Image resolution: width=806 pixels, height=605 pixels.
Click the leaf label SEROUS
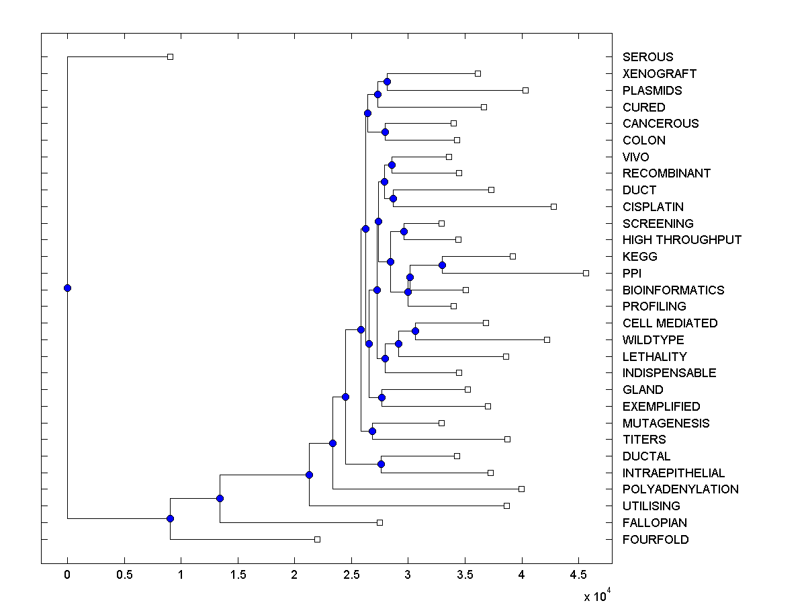[647, 57]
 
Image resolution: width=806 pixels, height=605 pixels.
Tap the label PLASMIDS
[652, 91]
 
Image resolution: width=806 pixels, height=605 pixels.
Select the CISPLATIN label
[653, 207]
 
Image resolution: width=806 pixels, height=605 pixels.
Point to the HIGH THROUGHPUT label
[682, 240]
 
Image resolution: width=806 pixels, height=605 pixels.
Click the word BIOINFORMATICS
[673, 290]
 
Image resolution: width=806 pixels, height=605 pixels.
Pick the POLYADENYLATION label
[680, 489]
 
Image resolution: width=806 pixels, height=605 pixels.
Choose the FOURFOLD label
[656, 540]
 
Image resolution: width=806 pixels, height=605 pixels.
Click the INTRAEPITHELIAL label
[674, 473]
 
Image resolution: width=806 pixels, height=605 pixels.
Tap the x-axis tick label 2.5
[351, 573]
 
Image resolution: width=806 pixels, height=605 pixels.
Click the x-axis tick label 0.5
[124, 573]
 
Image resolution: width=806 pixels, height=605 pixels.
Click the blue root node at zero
[67, 288]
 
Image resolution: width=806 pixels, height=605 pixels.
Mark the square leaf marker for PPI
[586, 273]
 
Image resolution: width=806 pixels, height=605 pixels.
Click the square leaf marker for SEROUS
[170, 56]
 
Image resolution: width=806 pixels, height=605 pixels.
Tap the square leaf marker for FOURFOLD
[318, 539]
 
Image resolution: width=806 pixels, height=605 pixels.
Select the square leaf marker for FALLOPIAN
[379, 522]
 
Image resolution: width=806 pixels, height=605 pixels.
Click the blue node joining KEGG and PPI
[442, 265]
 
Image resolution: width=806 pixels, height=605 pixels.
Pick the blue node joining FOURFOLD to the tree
[170, 518]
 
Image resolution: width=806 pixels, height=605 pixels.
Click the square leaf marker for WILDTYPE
[547, 339]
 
